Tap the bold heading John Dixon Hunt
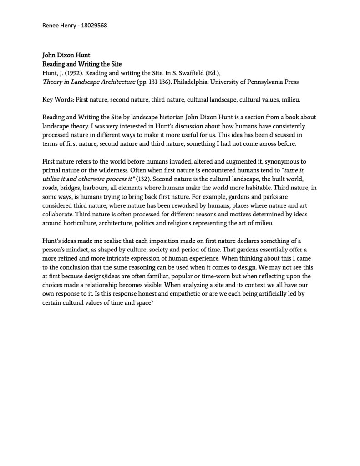tap(66, 56)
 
